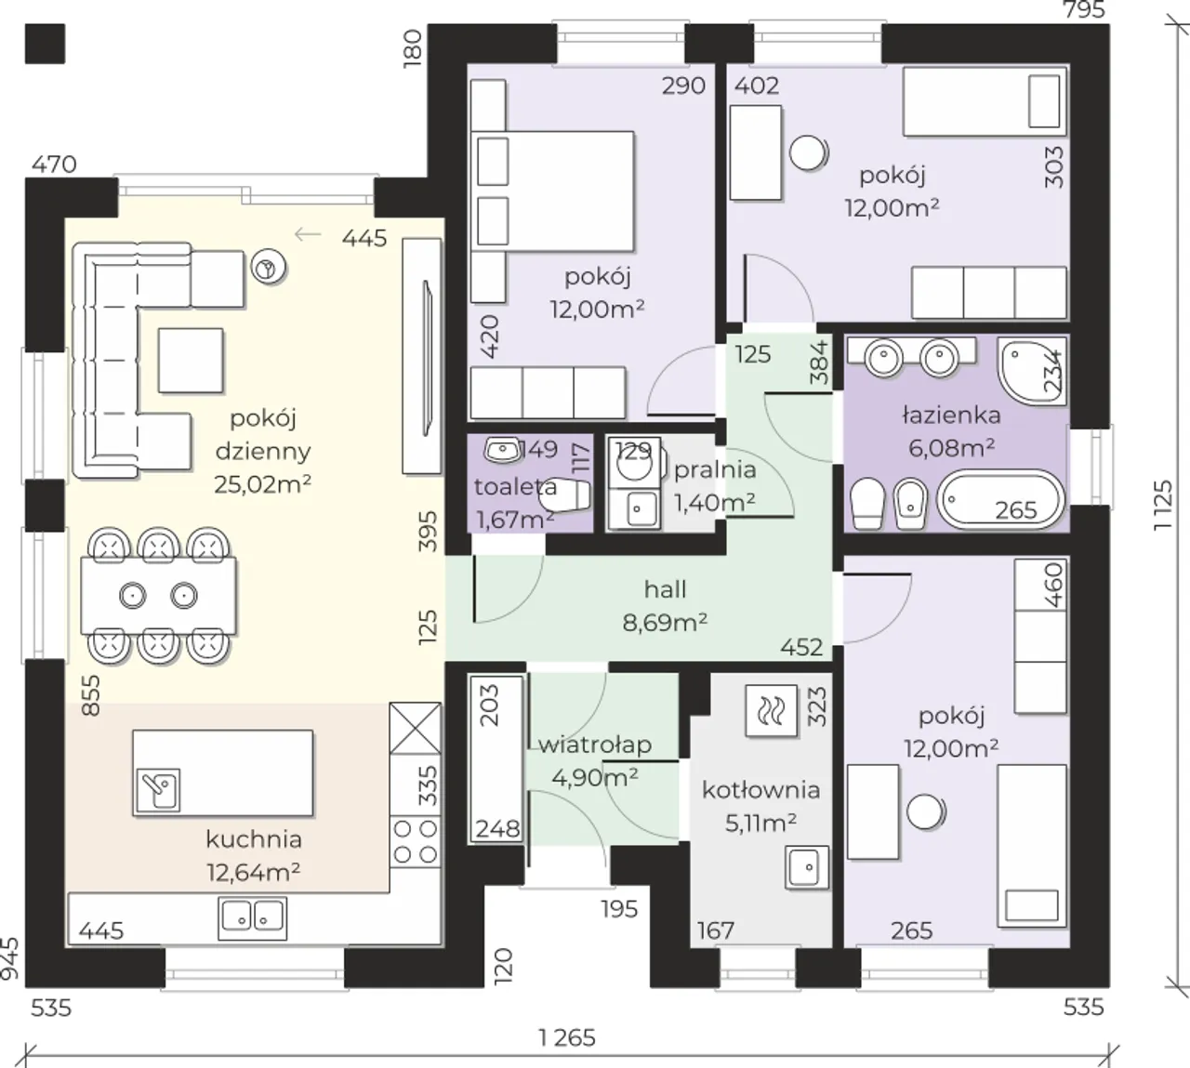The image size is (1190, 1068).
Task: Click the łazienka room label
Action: pyautogui.click(x=951, y=415)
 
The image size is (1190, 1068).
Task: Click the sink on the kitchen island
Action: pyautogui.click(x=158, y=790)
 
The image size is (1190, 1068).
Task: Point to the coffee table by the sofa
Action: pyautogui.click(x=191, y=360)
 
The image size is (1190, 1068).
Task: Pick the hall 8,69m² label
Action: pyautogui.click(x=665, y=606)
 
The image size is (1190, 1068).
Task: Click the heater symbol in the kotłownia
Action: pyautogui.click(x=772, y=710)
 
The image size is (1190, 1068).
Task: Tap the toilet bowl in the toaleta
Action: pyautogui.click(x=565, y=494)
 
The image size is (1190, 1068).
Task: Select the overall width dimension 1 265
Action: pyautogui.click(x=567, y=1038)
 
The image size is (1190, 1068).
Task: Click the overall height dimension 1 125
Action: pyautogui.click(x=1162, y=506)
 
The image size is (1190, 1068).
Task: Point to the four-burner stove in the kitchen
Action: pyautogui.click(x=416, y=841)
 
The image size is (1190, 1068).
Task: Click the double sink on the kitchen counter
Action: pyautogui.click(x=253, y=917)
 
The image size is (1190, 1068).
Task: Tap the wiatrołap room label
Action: pyautogui.click(x=595, y=745)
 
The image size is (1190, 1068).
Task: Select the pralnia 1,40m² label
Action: pyautogui.click(x=715, y=486)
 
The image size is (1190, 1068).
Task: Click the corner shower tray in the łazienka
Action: pyautogui.click(x=1032, y=371)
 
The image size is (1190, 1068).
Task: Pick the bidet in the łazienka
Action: pyautogui.click(x=910, y=505)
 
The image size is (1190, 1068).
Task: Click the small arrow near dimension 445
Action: pyautogui.click(x=308, y=235)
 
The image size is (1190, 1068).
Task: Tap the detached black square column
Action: pyautogui.click(x=46, y=44)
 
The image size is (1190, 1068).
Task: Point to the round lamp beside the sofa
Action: pyautogui.click(x=269, y=269)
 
